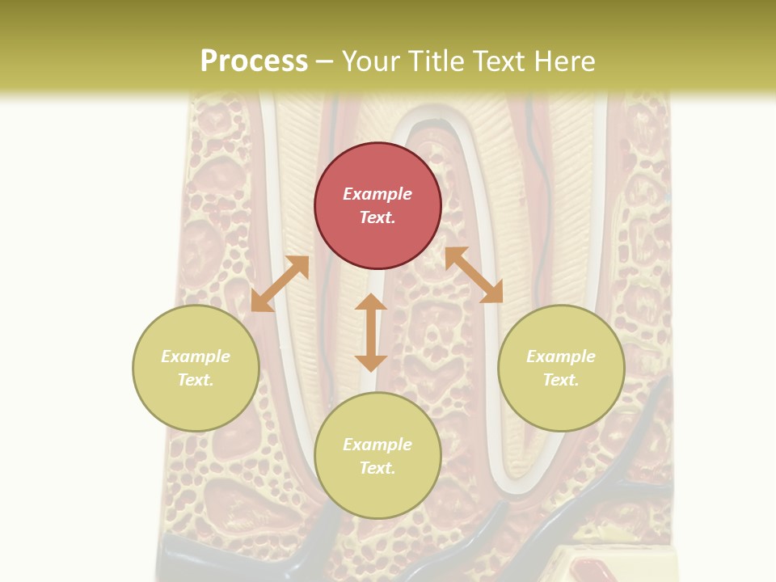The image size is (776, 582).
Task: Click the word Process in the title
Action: (x=254, y=61)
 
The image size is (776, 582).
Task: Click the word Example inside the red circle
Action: (x=377, y=194)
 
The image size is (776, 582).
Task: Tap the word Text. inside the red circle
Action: (x=377, y=217)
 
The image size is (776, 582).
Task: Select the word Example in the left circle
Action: (x=196, y=356)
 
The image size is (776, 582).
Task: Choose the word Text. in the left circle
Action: (x=196, y=380)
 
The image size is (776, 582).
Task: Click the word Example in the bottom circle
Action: (x=377, y=445)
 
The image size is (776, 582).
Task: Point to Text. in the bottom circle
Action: (x=377, y=468)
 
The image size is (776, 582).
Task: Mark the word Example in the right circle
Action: (x=561, y=356)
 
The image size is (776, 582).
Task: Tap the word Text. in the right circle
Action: (x=561, y=380)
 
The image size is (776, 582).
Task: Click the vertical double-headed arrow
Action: (x=371, y=332)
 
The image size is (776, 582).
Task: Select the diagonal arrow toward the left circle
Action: (x=280, y=284)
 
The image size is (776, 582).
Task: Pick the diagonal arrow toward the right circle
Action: (x=474, y=275)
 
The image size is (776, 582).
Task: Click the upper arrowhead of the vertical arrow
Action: (x=371, y=302)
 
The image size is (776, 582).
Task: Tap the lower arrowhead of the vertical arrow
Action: (x=371, y=363)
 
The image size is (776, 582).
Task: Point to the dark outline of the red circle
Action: (x=315, y=206)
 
